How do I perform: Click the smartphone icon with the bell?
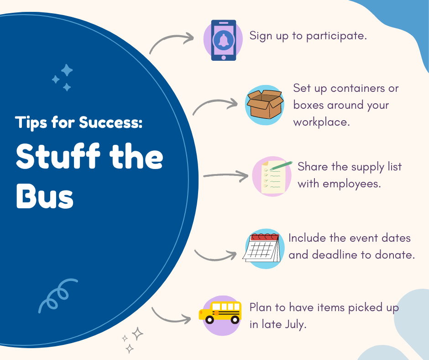point(223,40)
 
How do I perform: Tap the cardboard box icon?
point(265,104)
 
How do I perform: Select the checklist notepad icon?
point(273,177)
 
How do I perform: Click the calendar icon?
point(262,248)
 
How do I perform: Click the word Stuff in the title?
point(58,156)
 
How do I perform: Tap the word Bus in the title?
point(45,196)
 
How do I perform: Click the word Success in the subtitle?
point(110,122)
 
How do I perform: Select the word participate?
point(336,37)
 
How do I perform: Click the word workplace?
point(321,122)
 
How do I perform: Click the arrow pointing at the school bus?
point(170,318)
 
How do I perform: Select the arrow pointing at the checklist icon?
point(226,175)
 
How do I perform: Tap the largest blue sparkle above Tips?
point(67,70)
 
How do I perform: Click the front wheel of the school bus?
point(209,319)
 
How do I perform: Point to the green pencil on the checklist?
point(281,165)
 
